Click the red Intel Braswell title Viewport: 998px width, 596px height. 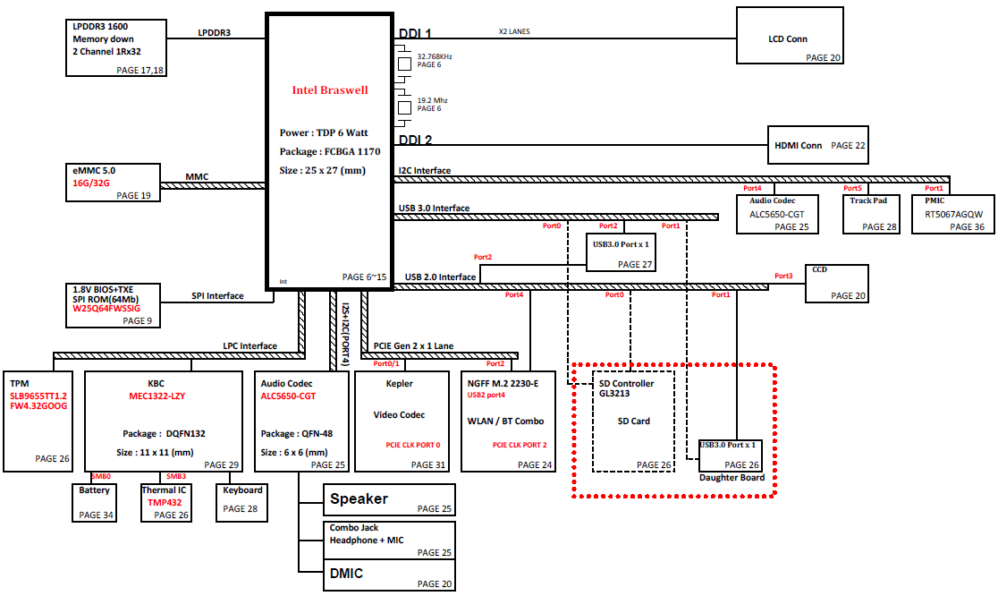330,90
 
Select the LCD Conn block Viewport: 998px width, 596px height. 790,36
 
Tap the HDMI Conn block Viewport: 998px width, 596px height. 818,145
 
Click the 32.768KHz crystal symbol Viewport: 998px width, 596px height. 404,64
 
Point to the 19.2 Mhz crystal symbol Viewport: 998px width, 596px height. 404,107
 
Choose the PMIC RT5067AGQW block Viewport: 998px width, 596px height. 952,215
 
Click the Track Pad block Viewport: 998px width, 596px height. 871,215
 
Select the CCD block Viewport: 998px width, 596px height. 836,284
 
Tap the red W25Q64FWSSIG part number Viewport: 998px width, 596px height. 106,308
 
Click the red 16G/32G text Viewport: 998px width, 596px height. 91,183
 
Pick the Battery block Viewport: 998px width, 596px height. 94,503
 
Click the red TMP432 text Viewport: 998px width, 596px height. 165,502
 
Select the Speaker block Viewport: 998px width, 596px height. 389,500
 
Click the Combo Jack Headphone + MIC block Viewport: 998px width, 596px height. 389,541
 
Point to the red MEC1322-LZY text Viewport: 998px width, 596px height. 157,396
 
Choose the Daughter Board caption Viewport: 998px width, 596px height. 732,478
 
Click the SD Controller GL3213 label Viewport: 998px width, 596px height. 626,388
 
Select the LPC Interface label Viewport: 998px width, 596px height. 250,345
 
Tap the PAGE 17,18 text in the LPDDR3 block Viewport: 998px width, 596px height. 140,70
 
